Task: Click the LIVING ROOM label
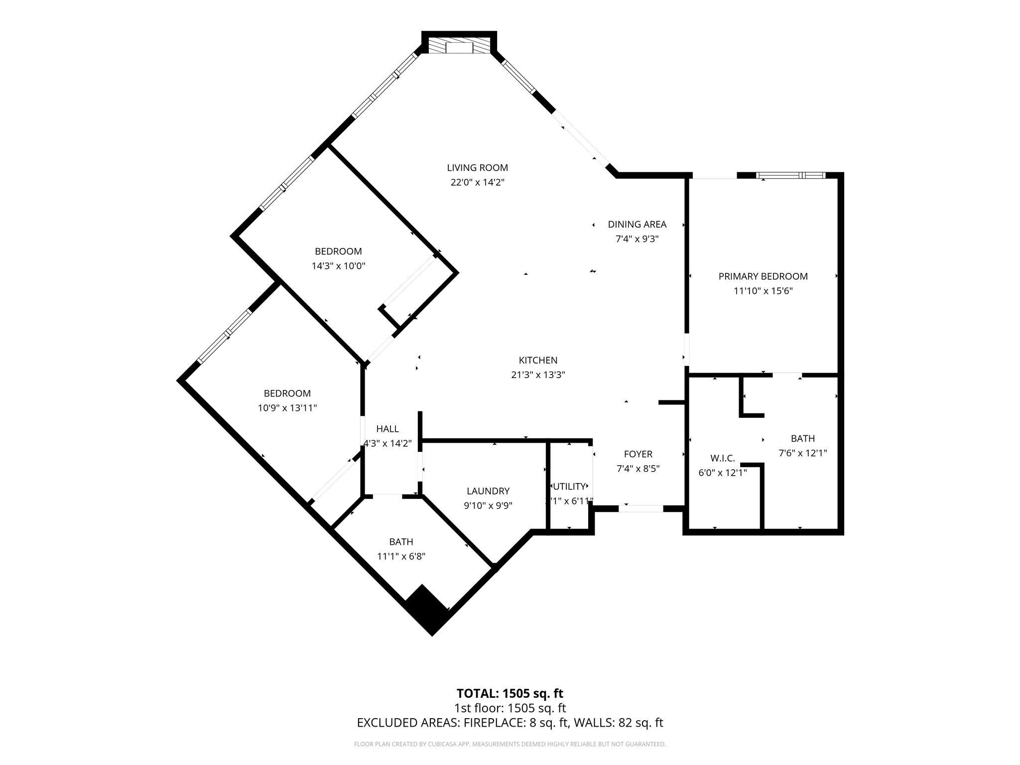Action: tap(477, 168)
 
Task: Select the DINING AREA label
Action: tap(637, 224)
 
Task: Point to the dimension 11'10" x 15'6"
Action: tap(763, 291)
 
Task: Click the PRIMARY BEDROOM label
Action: tap(763, 276)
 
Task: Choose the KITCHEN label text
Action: tap(538, 360)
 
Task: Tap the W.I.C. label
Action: tap(722, 458)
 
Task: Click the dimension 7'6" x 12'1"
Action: tap(802, 453)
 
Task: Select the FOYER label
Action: tap(638, 454)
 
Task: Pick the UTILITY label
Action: tap(569, 487)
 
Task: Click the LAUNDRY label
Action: tap(488, 491)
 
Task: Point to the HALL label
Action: tap(387, 429)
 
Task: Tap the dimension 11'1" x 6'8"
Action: tap(401, 556)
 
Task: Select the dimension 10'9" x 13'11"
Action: tap(287, 408)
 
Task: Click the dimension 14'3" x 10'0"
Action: tap(338, 266)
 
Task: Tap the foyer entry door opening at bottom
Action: tap(641, 509)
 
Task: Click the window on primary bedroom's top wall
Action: tap(790, 175)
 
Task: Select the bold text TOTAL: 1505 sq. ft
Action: tap(510, 693)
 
